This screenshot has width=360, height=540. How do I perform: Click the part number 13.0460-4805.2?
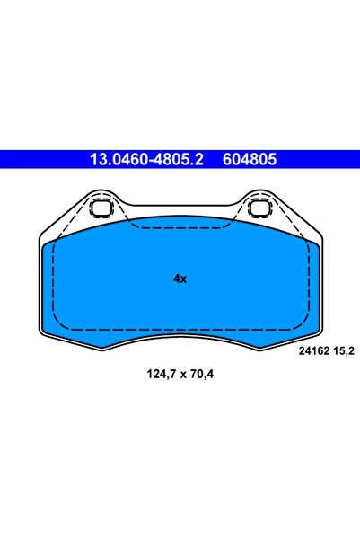pyautogui.click(x=144, y=159)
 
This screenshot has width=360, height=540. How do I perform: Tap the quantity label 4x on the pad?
pyautogui.click(x=180, y=279)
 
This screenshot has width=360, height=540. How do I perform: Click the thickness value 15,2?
pyautogui.click(x=343, y=351)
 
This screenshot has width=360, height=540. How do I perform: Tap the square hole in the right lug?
pyautogui.click(x=260, y=210)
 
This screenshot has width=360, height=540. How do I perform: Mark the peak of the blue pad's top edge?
pyautogui.click(x=180, y=216)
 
